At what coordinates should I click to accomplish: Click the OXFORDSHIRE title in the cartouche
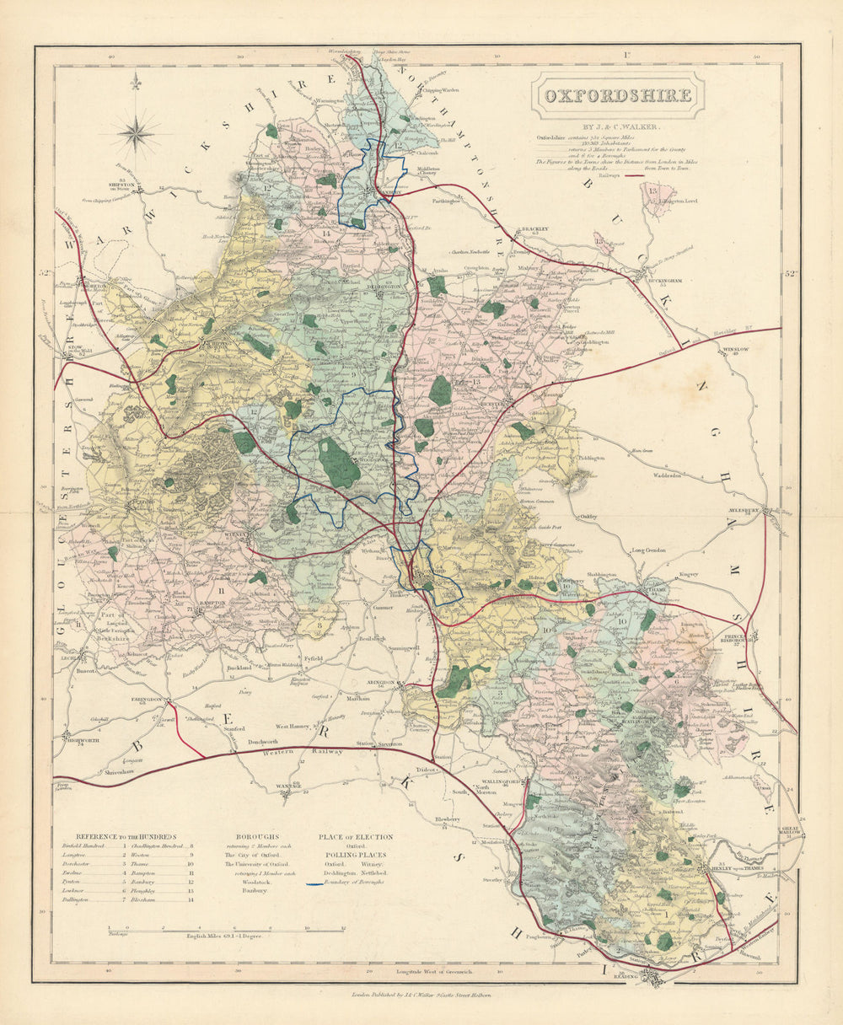pyautogui.click(x=617, y=94)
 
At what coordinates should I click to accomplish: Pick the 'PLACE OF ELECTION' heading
pyautogui.click(x=355, y=837)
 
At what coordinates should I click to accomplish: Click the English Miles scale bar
pyautogui.click(x=226, y=928)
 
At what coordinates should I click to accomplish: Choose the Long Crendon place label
pyautogui.click(x=649, y=550)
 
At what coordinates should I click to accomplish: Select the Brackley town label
pyautogui.click(x=534, y=228)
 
